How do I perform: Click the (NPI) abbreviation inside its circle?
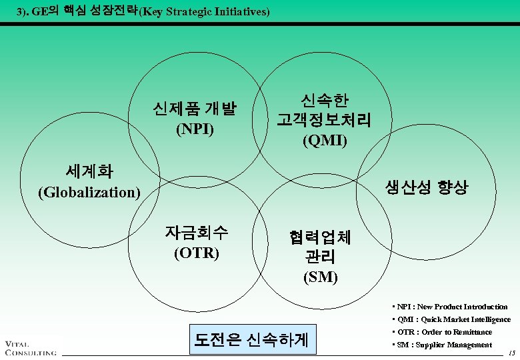pos(195,129)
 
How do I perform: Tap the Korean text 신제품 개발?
pos(195,108)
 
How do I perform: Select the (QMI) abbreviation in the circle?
pos(325,141)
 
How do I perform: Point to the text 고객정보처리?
pos(325,120)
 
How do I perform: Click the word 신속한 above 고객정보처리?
pos(325,100)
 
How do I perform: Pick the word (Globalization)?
pos(89,193)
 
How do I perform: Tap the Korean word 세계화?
pos(89,171)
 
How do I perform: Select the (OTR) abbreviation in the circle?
pos(197,254)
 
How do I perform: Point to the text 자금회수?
pos(197,233)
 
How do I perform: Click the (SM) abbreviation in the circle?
pos(321,277)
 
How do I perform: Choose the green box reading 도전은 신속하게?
pos(251,339)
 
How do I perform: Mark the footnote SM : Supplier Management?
pos(443,345)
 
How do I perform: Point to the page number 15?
pos(512,352)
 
